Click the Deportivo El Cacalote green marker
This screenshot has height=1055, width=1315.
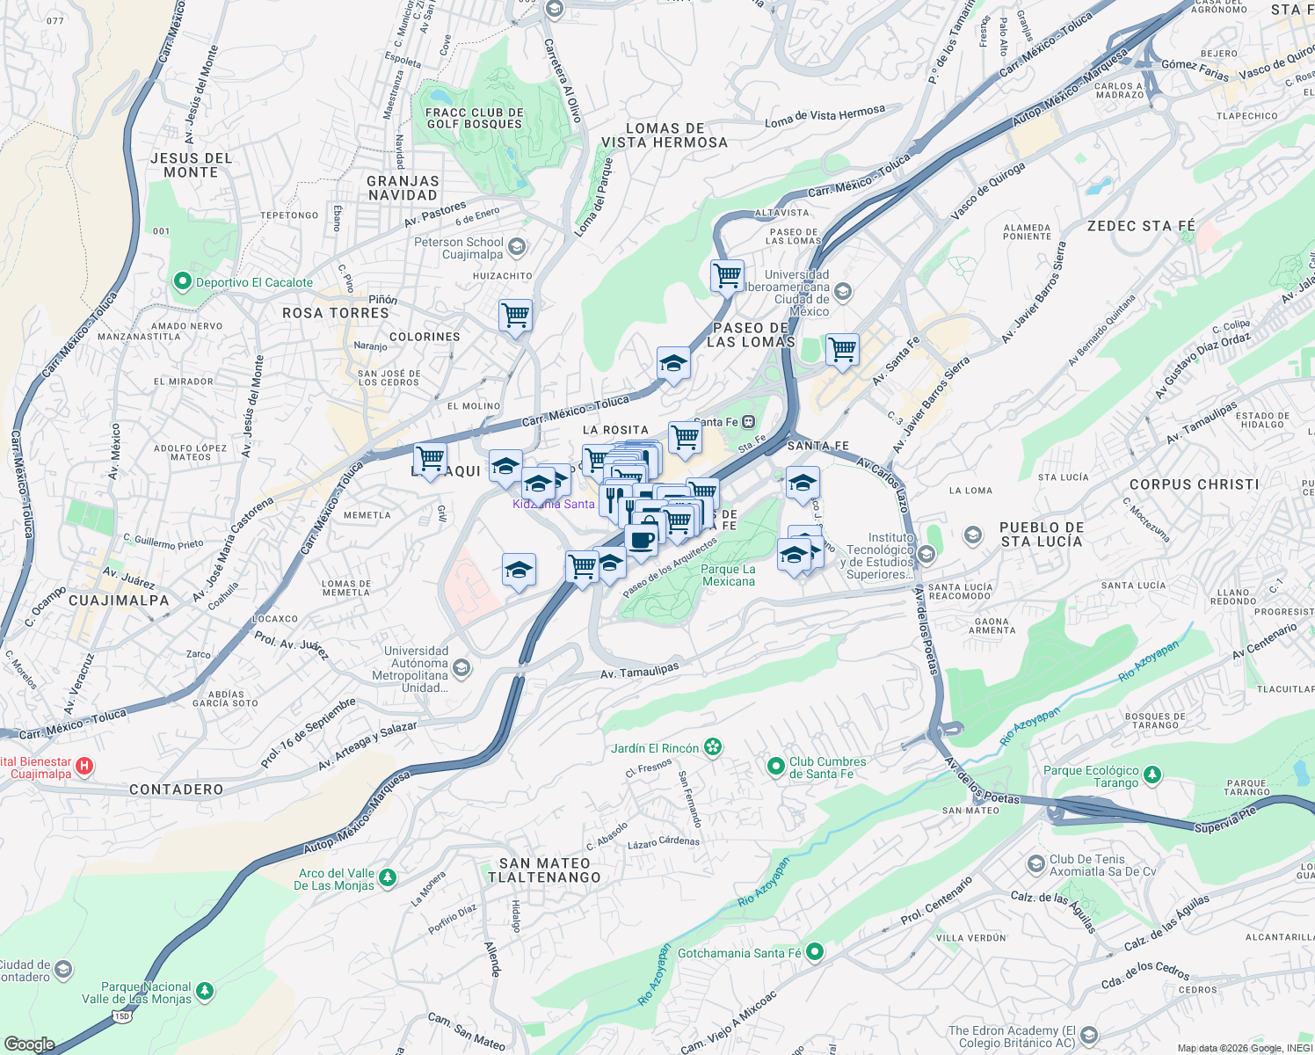pos(183,282)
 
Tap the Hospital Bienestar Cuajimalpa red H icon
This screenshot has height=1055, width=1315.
pos(84,767)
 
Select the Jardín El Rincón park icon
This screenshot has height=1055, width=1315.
pos(713,748)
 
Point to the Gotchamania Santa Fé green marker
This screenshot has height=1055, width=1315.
pos(815,952)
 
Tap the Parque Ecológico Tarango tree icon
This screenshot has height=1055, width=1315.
pos(1152,775)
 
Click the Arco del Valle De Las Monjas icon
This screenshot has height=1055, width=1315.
pos(387,878)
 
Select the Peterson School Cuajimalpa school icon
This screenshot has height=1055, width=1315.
pos(517,247)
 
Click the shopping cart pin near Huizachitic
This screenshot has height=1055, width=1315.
pos(515,316)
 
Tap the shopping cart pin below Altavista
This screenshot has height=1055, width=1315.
pos(727,276)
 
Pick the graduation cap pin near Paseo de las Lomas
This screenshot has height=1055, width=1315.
pos(673,363)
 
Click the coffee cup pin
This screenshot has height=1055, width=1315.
pos(642,539)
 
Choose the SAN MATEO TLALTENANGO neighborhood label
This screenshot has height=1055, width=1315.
pos(545,870)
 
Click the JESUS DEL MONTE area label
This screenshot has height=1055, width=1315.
pos(191,165)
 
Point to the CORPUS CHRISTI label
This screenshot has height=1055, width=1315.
pos(1194,484)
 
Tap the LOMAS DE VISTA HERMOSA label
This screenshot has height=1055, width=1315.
pos(665,135)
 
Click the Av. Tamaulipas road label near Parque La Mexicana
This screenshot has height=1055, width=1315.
pos(639,672)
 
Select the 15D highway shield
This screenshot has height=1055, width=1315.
pos(121,1015)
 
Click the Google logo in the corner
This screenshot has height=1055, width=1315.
pos(29,1044)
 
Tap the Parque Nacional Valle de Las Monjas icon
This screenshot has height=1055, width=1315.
pos(205,992)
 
